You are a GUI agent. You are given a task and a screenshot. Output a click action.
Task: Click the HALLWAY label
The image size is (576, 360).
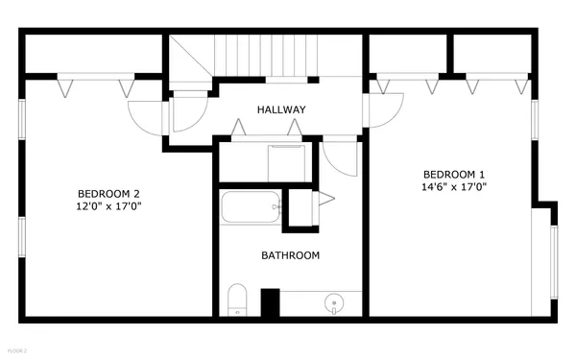pyautogui.click(x=281, y=110)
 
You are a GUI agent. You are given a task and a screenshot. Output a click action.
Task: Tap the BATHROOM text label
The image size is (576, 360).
pyautogui.click(x=290, y=255)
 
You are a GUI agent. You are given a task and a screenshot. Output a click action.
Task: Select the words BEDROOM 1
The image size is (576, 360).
pyautogui.click(x=454, y=174)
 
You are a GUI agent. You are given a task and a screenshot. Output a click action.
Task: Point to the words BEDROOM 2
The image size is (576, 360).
pyautogui.click(x=109, y=191)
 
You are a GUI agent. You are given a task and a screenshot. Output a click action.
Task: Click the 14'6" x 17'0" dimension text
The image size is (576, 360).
pyautogui.click(x=454, y=187)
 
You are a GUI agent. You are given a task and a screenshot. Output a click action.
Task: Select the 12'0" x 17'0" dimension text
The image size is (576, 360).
pyautogui.click(x=109, y=205)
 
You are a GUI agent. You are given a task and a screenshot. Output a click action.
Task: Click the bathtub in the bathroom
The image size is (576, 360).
pyautogui.click(x=251, y=206)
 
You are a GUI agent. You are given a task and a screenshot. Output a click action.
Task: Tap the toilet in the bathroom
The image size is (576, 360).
pyautogui.click(x=237, y=300)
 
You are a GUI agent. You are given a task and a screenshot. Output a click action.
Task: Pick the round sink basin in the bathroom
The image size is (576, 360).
pyautogui.click(x=333, y=303)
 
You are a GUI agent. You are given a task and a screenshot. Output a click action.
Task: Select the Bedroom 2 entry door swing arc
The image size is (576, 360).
pyautogui.click(x=146, y=117)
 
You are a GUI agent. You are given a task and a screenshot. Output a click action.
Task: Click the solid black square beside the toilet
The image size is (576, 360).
pyautogui.click(x=270, y=302)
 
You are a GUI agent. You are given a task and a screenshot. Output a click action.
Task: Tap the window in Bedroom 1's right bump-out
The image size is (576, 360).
pyautogui.click(x=552, y=259)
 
